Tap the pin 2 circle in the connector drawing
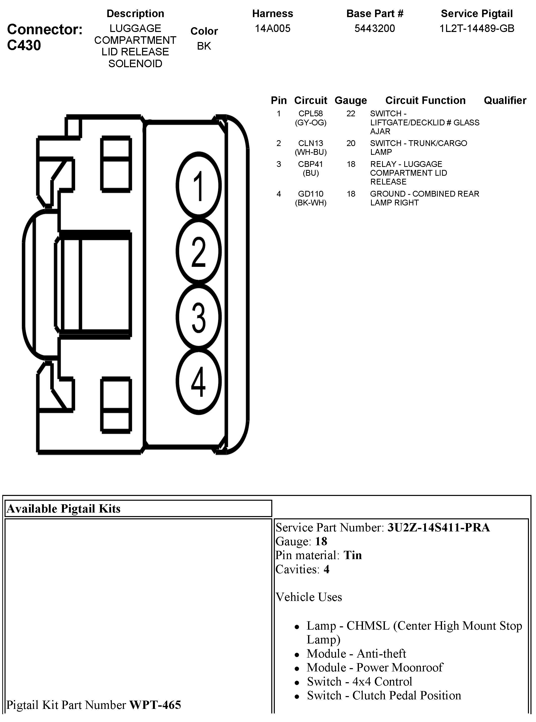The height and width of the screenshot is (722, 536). (198, 251)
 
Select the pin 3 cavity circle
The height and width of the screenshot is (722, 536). (198, 317)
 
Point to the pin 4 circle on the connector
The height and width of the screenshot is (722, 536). (198, 381)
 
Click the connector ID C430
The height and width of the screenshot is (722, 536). (24, 45)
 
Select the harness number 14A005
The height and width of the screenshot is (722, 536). (273, 28)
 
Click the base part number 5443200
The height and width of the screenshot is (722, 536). (375, 28)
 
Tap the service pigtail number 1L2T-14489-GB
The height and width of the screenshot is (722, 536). (477, 28)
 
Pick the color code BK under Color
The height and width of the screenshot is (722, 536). (204, 46)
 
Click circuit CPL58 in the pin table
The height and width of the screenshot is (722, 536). (311, 114)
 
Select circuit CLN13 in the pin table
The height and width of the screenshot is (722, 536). (311, 143)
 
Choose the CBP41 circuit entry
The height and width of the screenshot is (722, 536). (311, 164)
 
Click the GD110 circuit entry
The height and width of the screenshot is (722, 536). (311, 194)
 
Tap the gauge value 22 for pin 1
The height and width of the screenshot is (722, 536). (351, 114)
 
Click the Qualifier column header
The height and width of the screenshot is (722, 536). (505, 100)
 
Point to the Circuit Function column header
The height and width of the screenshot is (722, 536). (425, 100)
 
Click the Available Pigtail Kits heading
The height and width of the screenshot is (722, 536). (63, 509)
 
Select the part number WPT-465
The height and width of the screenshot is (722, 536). (155, 705)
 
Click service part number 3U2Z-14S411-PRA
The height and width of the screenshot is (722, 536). (439, 527)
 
